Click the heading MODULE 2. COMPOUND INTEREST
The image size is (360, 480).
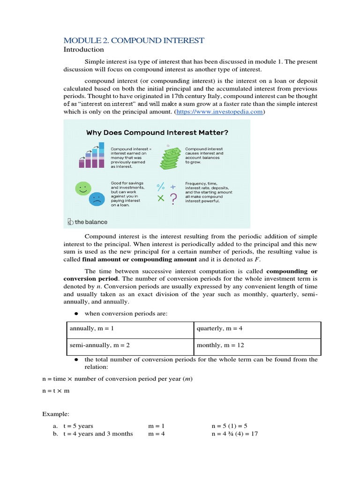134,40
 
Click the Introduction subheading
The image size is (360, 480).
83,49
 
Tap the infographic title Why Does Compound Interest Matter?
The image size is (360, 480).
157,133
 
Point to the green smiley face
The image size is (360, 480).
82,188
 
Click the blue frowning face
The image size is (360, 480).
97,199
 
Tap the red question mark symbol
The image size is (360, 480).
173,198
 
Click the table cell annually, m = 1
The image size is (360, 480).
92,329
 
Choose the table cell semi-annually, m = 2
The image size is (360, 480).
99,345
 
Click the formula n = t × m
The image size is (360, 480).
56,391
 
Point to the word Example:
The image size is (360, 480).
55,414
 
